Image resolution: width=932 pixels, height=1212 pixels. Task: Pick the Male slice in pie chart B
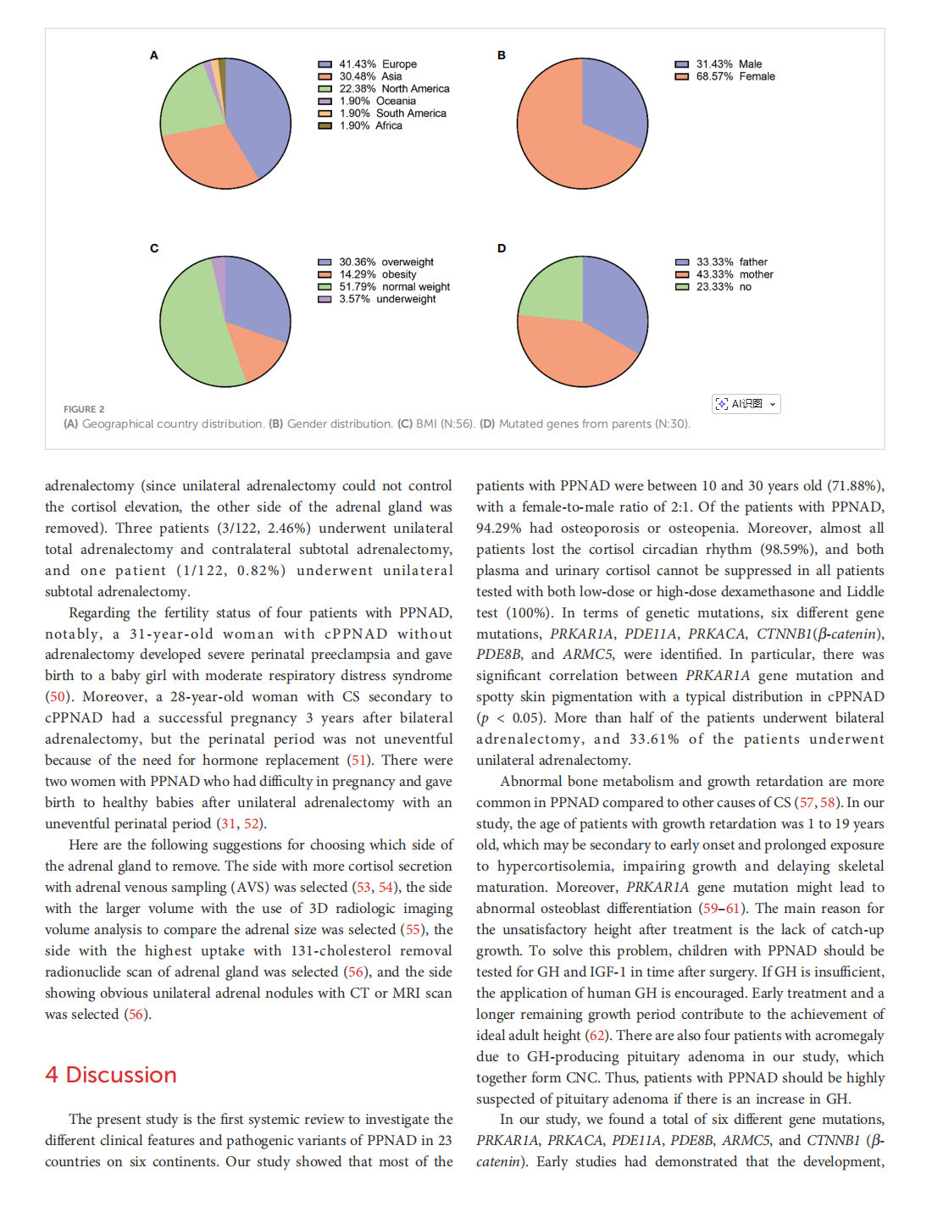coord(614,97)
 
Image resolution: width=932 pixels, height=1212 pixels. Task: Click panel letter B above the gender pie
coord(502,55)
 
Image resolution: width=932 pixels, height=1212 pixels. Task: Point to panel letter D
coord(502,248)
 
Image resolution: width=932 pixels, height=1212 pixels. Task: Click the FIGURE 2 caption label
coord(84,409)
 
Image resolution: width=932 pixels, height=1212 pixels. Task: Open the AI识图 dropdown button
coord(746,404)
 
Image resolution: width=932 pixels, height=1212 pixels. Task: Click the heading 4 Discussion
coord(111,1075)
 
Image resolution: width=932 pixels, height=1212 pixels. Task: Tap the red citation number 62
coord(597,1036)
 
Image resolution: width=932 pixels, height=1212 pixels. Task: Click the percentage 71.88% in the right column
coord(854,486)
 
